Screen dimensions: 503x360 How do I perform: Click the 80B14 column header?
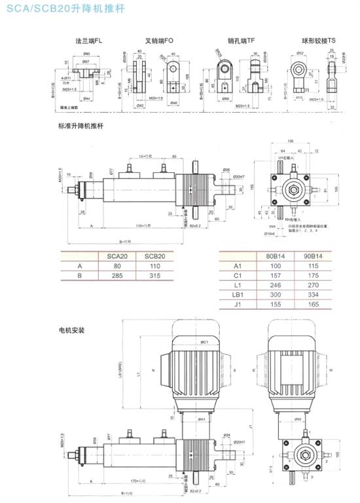276,257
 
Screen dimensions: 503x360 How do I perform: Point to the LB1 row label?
238,295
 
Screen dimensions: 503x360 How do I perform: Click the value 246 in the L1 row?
276,286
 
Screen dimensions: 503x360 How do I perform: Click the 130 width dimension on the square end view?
289,142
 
